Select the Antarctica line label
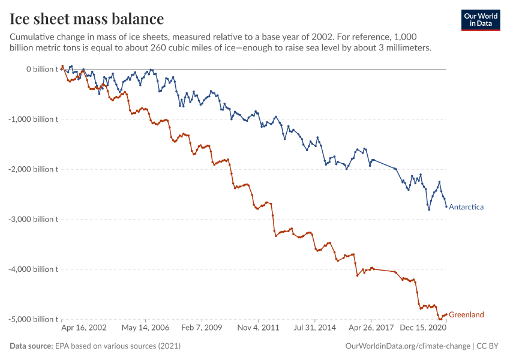pos(466,207)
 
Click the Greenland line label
pos(466,314)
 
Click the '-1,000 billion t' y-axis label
pos(34,119)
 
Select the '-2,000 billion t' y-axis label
pos(34,169)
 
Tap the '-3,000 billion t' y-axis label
pos(34,219)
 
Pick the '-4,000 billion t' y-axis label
pos(34,269)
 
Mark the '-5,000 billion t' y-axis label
pos(34,319)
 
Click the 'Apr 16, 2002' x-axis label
pos(84,329)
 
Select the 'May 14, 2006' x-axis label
pos(145,329)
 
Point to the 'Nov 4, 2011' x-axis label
pos(259,329)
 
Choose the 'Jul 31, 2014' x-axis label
pos(315,329)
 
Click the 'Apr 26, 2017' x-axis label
pos(370,329)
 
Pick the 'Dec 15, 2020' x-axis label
pos(424,329)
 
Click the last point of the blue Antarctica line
pos(446,206)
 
